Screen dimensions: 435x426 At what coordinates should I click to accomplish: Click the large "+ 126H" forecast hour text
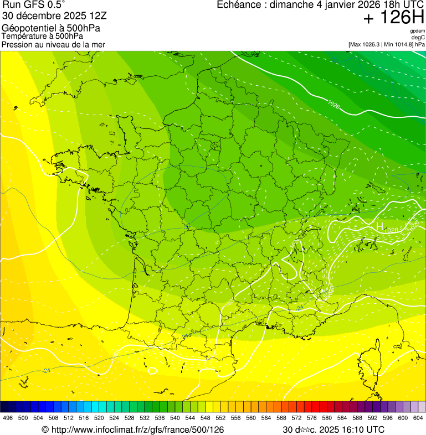pyautogui.click(x=393, y=18)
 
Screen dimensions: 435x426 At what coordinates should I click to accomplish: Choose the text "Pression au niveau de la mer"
pyautogui.click(x=53, y=44)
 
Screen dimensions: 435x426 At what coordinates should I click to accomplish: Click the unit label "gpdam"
pyautogui.click(x=417, y=31)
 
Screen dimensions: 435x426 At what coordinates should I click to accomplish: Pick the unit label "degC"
pyautogui.click(x=418, y=37)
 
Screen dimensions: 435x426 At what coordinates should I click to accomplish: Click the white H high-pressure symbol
pyautogui.click(x=379, y=226)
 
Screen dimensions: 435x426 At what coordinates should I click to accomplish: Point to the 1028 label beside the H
pyautogui.click(x=391, y=230)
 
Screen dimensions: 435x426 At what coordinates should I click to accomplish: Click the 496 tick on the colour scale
pyautogui.click(x=8, y=418)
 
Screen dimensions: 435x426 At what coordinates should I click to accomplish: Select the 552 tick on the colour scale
pyautogui.click(x=220, y=418)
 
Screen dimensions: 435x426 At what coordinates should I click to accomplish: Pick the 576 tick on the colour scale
pyautogui.click(x=311, y=418)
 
